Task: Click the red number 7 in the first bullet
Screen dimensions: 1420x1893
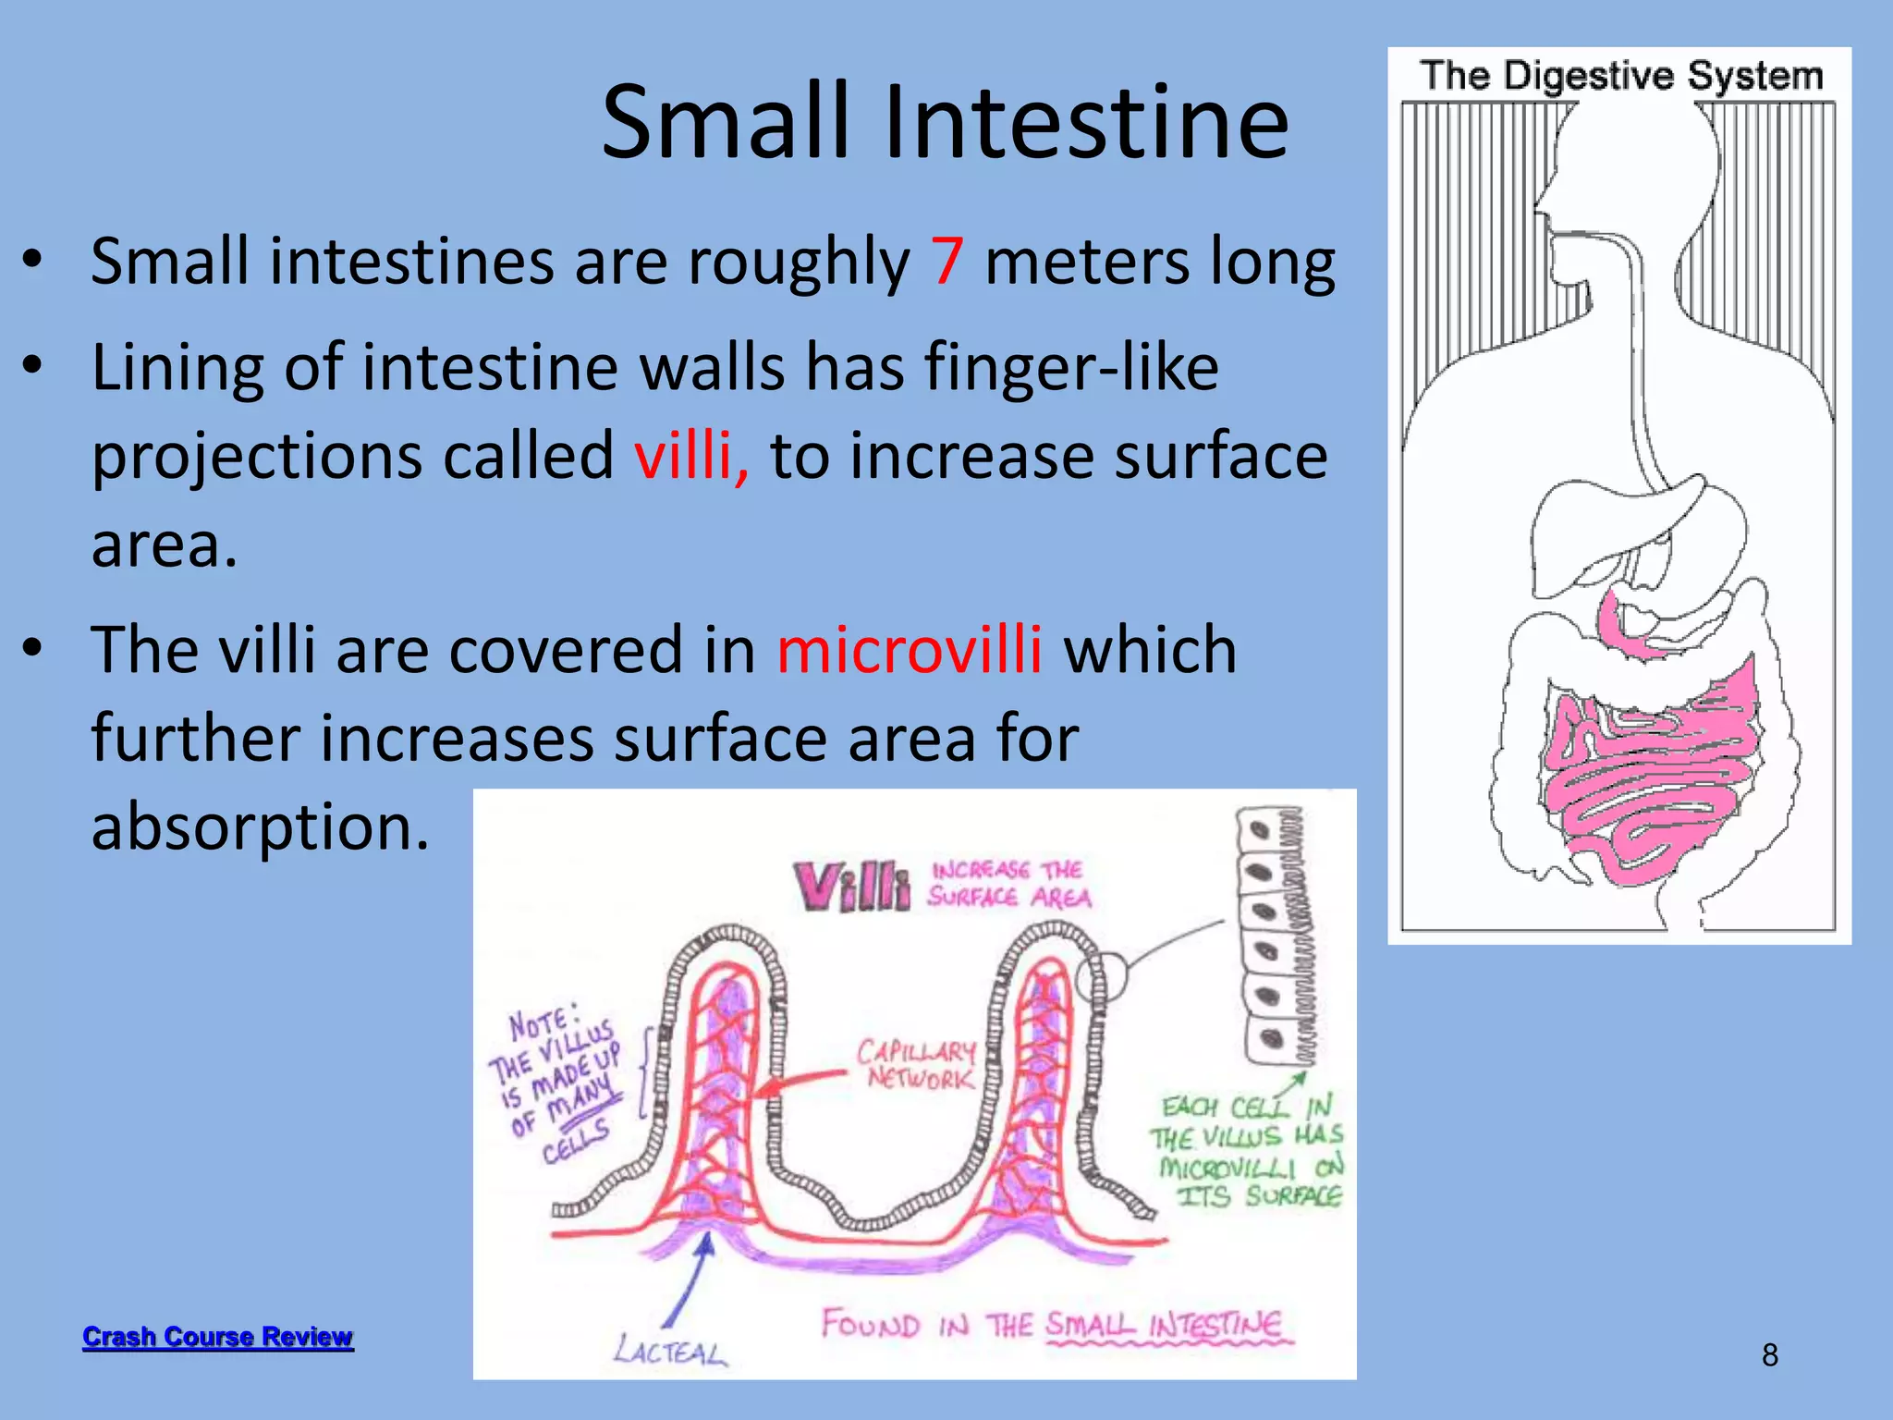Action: [x=947, y=262]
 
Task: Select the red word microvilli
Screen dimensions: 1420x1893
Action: [x=910, y=650]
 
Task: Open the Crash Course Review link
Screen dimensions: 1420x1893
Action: [x=218, y=1337]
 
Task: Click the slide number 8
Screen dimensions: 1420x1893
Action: [x=1769, y=1355]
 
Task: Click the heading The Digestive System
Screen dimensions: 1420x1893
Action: [x=1621, y=76]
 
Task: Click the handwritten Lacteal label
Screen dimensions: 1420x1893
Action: [x=670, y=1352]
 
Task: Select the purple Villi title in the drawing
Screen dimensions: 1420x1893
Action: [x=851, y=886]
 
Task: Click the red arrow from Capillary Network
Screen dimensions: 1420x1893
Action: [x=800, y=1083]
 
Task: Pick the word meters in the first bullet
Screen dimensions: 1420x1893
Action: [x=1083, y=262]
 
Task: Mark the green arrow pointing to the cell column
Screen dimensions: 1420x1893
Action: [x=1291, y=1084]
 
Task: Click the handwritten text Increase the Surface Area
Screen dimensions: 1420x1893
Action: [x=1010, y=884]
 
